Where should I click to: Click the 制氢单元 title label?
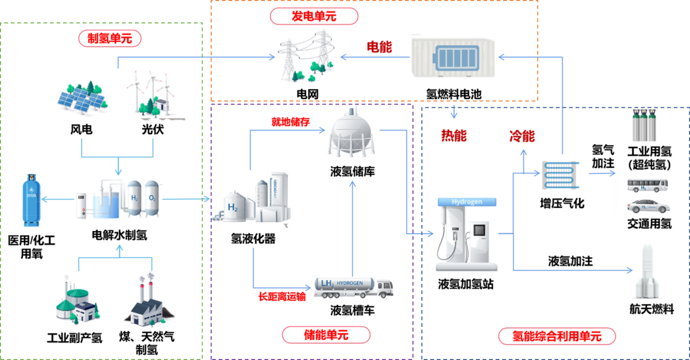110,38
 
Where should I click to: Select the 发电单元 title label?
314,16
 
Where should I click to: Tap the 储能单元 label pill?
326,335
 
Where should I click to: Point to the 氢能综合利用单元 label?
557,336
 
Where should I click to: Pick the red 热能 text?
454,136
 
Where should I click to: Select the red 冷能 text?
522,136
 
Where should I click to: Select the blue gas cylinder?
30,199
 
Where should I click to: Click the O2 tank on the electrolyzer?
152,199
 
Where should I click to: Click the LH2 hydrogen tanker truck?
353,287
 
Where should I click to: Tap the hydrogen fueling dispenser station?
466,234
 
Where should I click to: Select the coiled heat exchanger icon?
560,175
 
